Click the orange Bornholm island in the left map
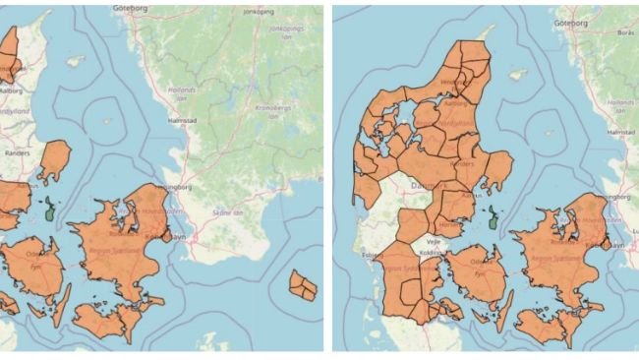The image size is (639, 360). click(304, 286)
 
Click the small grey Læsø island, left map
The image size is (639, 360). click(76, 61)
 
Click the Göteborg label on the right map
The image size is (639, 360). click(569, 22)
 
